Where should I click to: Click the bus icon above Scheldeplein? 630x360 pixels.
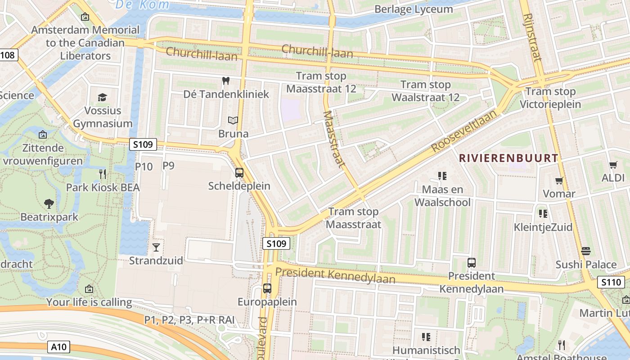[x=239, y=173]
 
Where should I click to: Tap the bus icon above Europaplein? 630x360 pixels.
[x=267, y=288]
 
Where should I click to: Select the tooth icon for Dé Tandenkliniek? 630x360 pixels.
[x=226, y=81]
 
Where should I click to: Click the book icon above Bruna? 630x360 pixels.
[x=233, y=121]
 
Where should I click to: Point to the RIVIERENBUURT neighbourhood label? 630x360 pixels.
[x=508, y=158]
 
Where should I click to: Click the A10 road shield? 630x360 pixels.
[x=59, y=347]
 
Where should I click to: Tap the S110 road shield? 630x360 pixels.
[x=611, y=283]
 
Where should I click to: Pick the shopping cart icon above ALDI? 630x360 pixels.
[x=613, y=165]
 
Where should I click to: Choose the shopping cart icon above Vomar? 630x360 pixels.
[x=559, y=181]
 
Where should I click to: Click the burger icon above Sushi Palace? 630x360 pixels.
[x=585, y=251]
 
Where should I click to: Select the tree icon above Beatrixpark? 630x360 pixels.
[x=49, y=204]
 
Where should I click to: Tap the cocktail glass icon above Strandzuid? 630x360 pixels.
[x=156, y=247]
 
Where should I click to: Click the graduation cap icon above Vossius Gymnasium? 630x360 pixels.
[x=103, y=98]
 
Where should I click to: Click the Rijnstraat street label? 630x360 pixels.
[x=532, y=37]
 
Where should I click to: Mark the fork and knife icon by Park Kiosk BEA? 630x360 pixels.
[x=103, y=174]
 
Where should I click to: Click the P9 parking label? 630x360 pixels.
[x=168, y=166]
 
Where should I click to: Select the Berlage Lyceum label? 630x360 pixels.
[x=414, y=9]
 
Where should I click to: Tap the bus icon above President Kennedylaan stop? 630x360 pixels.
[x=472, y=263]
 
